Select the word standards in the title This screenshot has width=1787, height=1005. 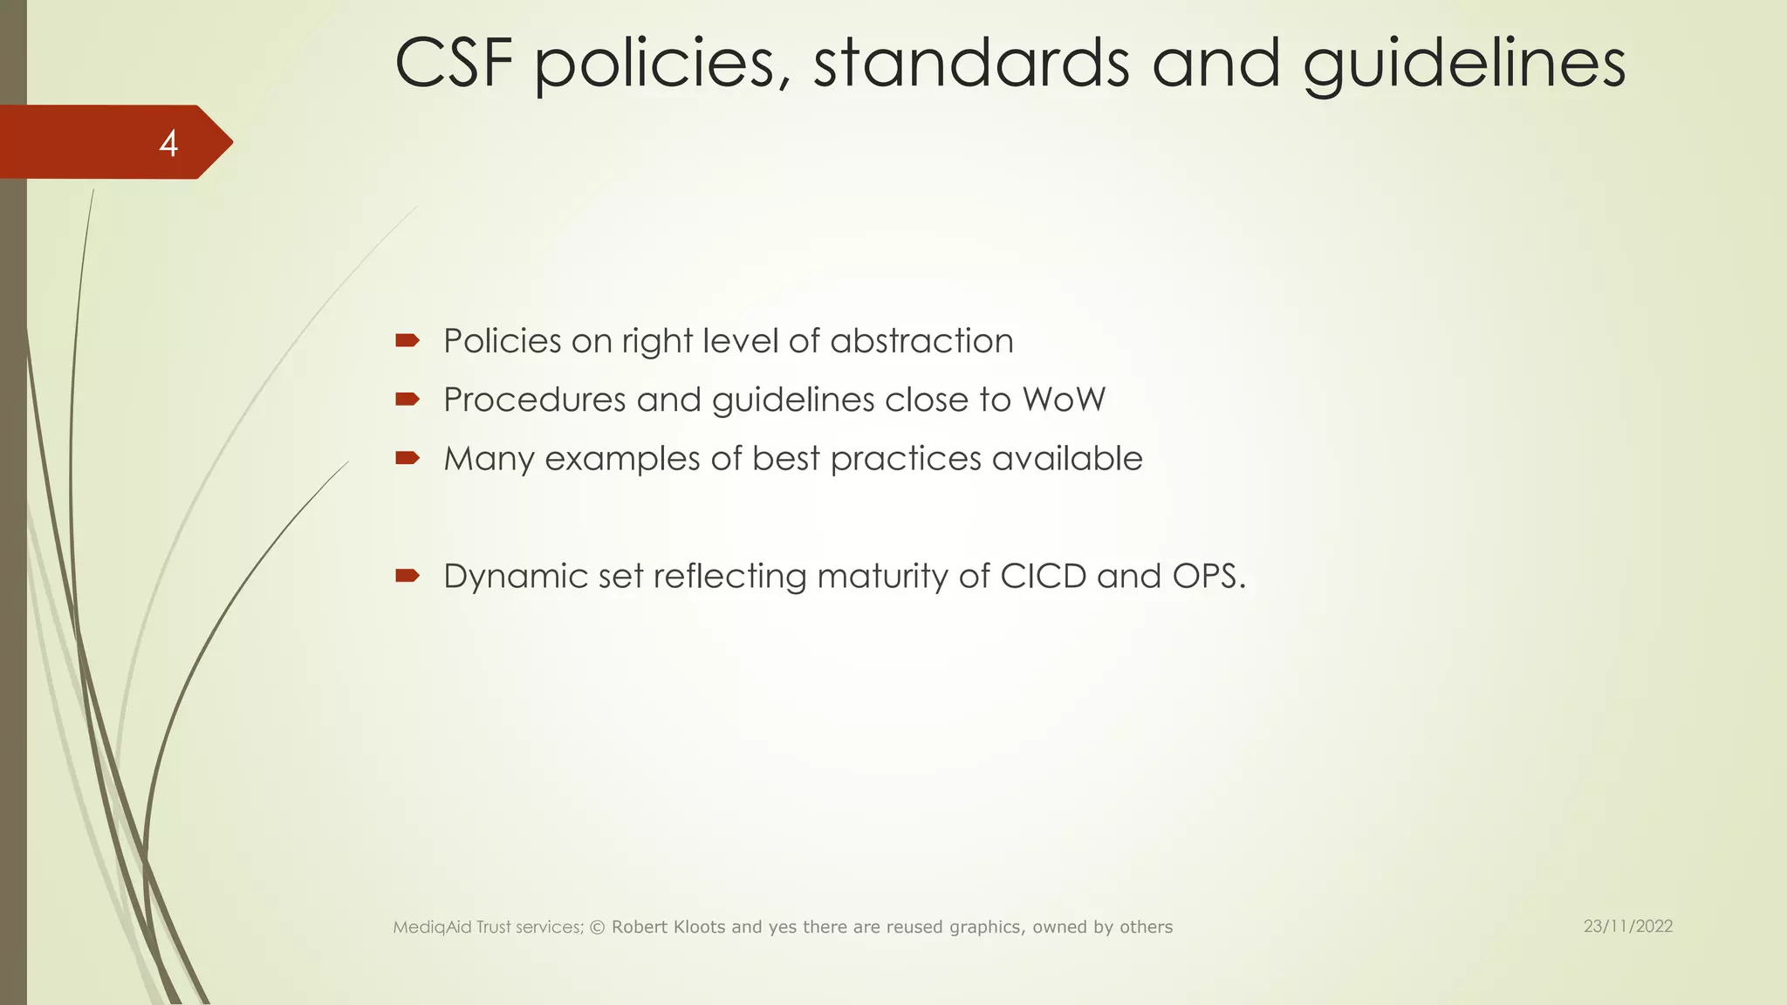pyautogui.click(x=971, y=64)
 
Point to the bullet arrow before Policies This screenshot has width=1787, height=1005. pyautogui.click(x=407, y=340)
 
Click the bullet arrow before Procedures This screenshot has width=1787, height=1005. pyautogui.click(x=407, y=400)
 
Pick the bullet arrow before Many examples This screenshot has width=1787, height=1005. pyautogui.click(x=407, y=458)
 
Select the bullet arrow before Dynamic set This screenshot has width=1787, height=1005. pyautogui.click(x=407, y=576)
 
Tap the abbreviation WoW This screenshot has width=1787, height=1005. pyautogui.click(x=1064, y=400)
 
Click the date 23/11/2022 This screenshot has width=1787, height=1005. pyautogui.click(x=1628, y=926)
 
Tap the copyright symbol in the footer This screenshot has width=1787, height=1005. pyautogui.click(x=598, y=927)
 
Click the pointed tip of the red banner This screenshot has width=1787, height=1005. pyautogui.click(x=229, y=142)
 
